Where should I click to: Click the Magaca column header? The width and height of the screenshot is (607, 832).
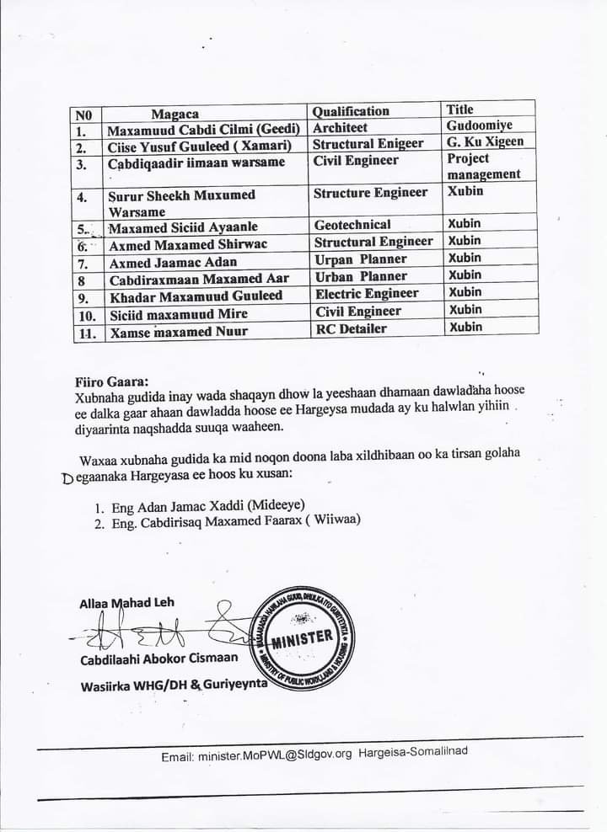(175, 114)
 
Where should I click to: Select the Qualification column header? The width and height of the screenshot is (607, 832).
(351, 111)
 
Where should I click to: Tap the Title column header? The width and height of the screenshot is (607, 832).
(460, 109)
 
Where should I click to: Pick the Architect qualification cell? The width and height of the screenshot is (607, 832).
(341, 128)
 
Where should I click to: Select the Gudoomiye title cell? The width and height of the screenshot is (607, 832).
(480, 125)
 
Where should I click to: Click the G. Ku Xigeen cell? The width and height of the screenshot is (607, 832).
(485, 141)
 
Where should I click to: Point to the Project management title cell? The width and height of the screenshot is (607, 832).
(483, 166)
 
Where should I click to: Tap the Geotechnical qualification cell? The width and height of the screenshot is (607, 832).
(352, 225)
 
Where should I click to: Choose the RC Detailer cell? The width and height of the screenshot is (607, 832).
(350, 328)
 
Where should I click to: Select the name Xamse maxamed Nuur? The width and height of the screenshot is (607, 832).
(178, 332)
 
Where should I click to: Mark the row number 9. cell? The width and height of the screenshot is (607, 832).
(83, 297)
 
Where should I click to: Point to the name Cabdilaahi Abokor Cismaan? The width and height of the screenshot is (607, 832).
(158, 659)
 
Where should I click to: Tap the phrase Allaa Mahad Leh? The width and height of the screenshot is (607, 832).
(126, 603)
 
